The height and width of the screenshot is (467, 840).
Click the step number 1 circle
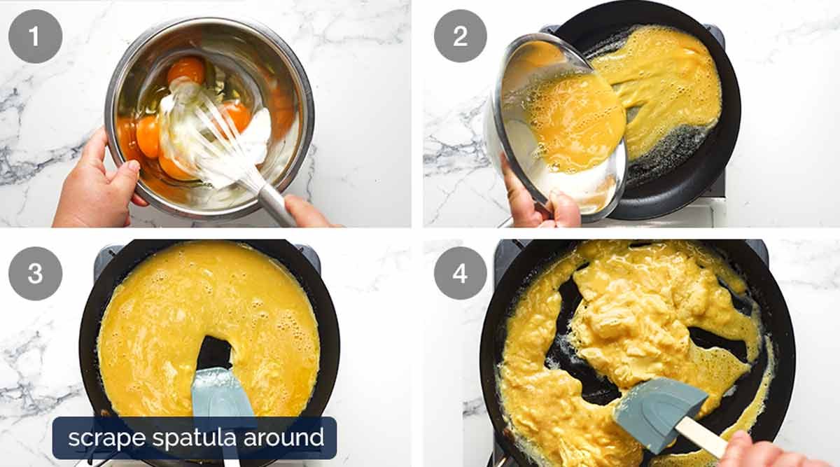coord(35,36)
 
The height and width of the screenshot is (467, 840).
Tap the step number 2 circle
coord(460,36)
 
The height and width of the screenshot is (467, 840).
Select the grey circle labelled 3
coord(35,273)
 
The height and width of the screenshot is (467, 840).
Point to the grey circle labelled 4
coord(460,273)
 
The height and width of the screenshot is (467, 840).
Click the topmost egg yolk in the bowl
coord(186,70)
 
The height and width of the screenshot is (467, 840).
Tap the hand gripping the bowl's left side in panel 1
coord(94,186)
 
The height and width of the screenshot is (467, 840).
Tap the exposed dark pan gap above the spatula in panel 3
coord(213,352)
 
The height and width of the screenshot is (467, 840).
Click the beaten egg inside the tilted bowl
coord(574,119)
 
